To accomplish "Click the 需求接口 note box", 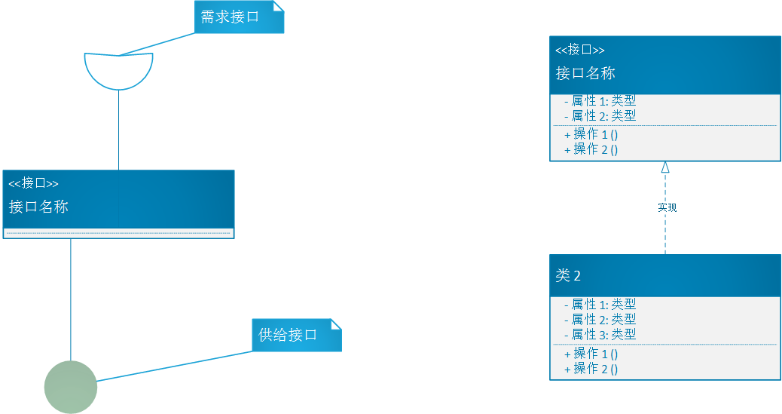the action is point(239,17).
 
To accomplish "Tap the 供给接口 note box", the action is point(297,335).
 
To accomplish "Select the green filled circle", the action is point(71,387).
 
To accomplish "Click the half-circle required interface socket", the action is point(119,71).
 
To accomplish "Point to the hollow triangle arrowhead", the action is point(664,167).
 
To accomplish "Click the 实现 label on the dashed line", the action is point(667,207).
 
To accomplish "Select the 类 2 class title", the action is point(568,276).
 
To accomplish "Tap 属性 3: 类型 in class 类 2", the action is point(600,334).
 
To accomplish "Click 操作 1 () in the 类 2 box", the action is point(591,354).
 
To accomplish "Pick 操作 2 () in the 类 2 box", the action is point(591,369).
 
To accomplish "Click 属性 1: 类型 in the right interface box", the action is point(600,101).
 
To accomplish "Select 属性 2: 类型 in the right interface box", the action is point(600,116).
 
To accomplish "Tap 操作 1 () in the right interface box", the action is point(591,134).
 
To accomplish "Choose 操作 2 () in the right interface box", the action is point(591,149).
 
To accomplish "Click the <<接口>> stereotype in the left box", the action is point(33,183).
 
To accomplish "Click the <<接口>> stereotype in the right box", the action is point(580,50).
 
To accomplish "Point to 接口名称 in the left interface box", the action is point(38,207).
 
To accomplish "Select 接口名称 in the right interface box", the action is point(585,73).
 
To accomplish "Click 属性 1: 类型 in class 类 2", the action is point(600,304).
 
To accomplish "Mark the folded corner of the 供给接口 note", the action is point(336,324).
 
